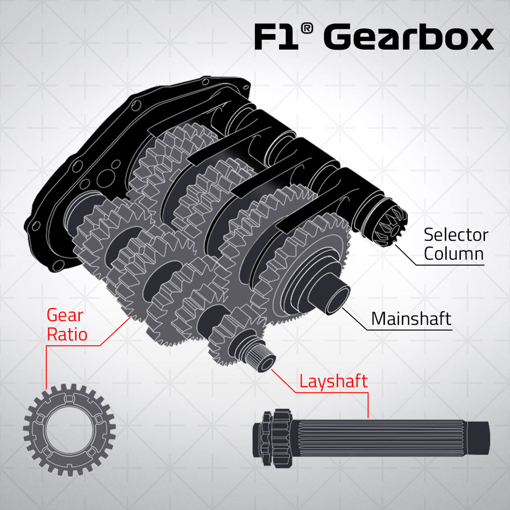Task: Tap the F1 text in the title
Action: (x=276, y=38)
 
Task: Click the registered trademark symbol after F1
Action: (x=306, y=29)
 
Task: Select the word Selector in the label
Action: (x=456, y=235)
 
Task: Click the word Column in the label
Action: (x=453, y=254)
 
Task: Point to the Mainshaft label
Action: (x=411, y=319)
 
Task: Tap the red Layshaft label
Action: (x=333, y=381)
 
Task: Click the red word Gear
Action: (x=65, y=315)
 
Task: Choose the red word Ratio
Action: (x=67, y=334)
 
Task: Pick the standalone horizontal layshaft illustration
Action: (x=371, y=438)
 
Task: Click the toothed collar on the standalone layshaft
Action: (x=268, y=438)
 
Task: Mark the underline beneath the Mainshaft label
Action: (x=408, y=330)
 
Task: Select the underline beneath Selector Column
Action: (x=450, y=266)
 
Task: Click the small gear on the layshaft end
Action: (x=227, y=341)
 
